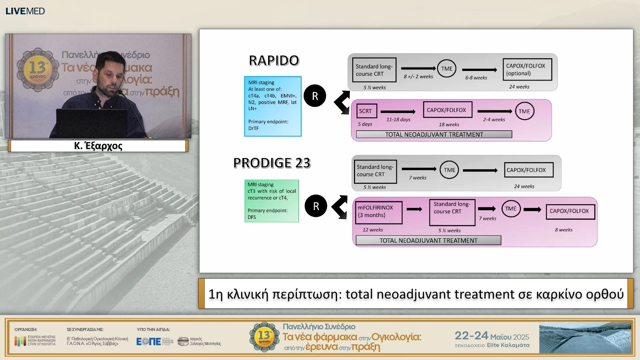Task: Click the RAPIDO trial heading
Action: (274, 61)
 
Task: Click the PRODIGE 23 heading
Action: (272, 163)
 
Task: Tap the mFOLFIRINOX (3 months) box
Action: (378, 212)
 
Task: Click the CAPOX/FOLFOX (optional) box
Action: (527, 70)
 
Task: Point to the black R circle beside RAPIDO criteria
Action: (315, 96)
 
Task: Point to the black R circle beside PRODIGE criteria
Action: (316, 206)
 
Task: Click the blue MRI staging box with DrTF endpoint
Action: (273, 106)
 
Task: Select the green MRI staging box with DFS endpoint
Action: (271, 201)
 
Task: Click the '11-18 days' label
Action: (398, 120)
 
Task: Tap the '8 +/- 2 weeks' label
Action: (418, 77)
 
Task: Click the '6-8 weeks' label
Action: (476, 78)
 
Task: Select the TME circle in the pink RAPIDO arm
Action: (524, 111)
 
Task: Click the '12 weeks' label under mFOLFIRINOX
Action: (373, 230)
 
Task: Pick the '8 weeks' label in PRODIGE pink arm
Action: (563, 230)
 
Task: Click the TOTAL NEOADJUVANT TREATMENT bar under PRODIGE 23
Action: (428, 240)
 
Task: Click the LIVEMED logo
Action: (25, 11)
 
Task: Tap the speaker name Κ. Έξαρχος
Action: (98, 146)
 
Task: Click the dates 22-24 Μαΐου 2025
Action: (491, 336)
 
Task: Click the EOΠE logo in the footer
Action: (149, 341)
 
